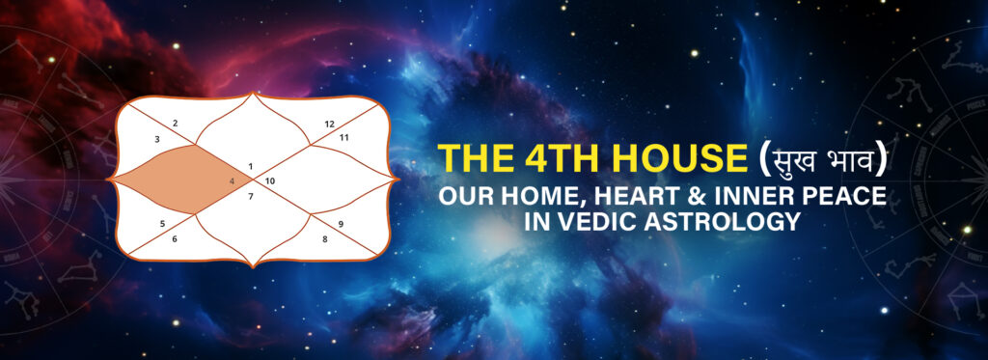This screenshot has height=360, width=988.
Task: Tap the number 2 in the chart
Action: click(x=175, y=123)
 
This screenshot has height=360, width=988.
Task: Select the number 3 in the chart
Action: click(x=157, y=140)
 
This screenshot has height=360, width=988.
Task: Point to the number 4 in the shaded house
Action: click(x=233, y=180)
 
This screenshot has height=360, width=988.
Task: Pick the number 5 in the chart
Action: click(x=163, y=223)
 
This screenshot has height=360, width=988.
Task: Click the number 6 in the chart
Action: click(x=175, y=238)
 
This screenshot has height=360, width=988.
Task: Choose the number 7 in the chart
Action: click(x=252, y=197)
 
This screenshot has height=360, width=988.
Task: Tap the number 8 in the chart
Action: click(x=325, y=237)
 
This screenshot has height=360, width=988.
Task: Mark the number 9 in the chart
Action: click(x=341, y=223)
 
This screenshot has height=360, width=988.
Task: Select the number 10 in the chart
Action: click(x=270, y=180)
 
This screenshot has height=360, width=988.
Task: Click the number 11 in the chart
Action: click(x=344, y=138)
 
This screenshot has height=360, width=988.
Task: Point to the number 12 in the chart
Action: click(x=329, y=124)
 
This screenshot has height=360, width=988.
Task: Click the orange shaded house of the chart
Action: click(x=183, y=180)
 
